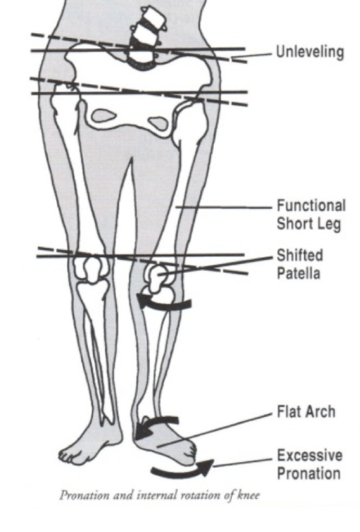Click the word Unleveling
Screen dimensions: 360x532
tap(310, 53)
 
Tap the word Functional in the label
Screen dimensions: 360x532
tap(311, 206)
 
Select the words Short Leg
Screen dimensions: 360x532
tap(309, 225)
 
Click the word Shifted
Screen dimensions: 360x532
tap(300, 256)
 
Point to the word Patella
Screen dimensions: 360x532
tap(299, 274)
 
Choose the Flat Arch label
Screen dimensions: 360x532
tap(306, 412)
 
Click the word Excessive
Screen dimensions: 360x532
tap(310, 455)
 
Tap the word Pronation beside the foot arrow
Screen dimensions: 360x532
tap(309, 473)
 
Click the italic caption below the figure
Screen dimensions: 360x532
tap(160, 495)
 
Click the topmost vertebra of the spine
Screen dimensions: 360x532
tap(153, 14)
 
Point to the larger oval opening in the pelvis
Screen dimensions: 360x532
tap(104, 116)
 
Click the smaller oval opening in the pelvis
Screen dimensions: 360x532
tap(158, 123)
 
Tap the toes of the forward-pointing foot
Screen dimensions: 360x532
tap(71, 456)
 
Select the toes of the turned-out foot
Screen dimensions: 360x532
tap(191, 452)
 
